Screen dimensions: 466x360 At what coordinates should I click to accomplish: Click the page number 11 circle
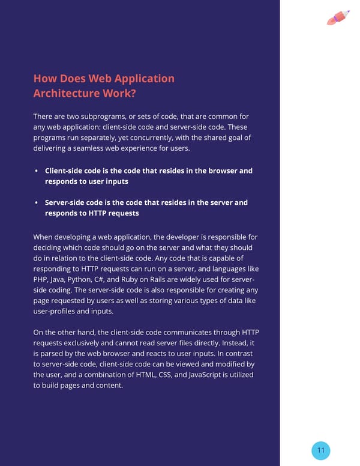pyautogui.click(x=321, y=450)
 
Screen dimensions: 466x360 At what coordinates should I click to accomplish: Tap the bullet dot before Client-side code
pyautogui.click(x=37, y=171)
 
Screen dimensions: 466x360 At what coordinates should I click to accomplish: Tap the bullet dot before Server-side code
pyautogui.click(x=37, y=203)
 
